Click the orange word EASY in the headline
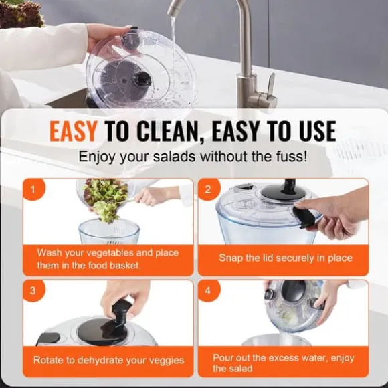[x=73, y=131]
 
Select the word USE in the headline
[x=318, y=131]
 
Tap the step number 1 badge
[x=33, y=189]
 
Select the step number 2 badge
[x=208, y=189]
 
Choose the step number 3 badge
[x=33, y=291]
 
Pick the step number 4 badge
[x=208, y=291]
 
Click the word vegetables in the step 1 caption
[x=110, y=253]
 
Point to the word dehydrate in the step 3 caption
[x=100, y=360]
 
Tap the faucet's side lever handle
[x=270, y=86]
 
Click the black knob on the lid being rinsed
[x=142, y=79]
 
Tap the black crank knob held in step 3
[x=120, y=312]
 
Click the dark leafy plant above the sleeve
[x=21, y=13]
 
